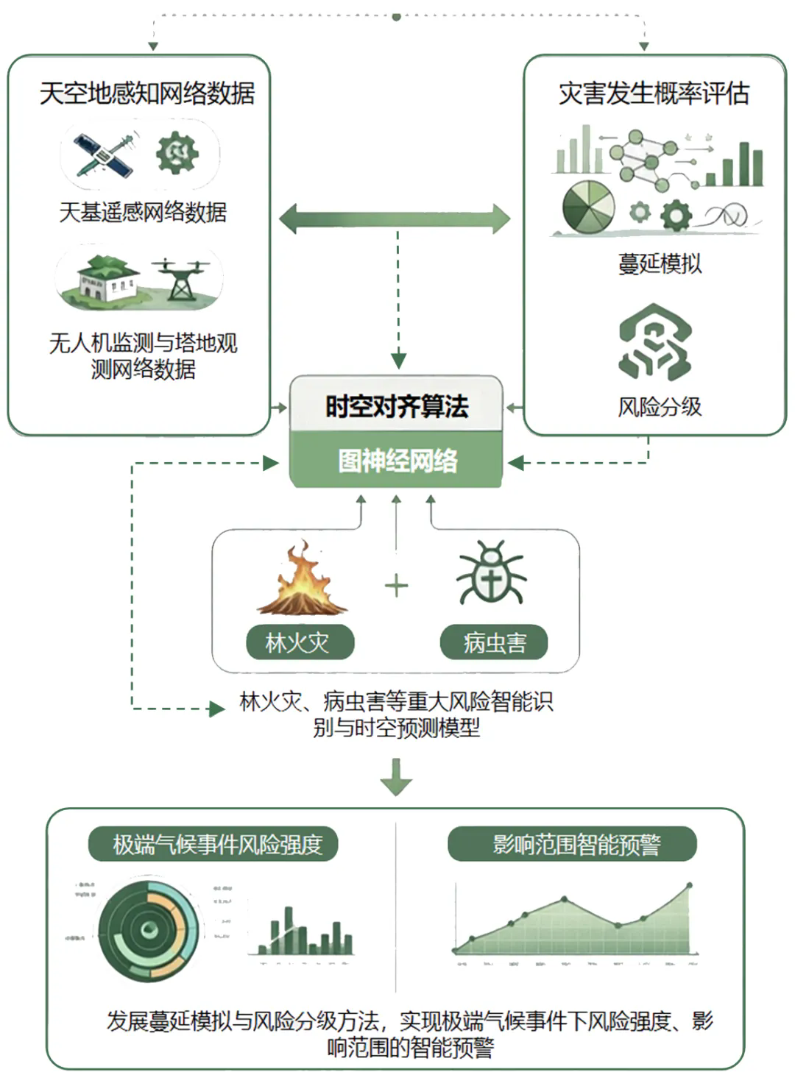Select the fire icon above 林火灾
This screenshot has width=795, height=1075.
(x=301, y=579)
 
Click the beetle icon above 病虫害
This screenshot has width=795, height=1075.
(x=491, y=574)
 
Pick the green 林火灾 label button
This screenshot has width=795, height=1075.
(x=299, y=643)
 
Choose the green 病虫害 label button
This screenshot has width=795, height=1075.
(x=494, y=643)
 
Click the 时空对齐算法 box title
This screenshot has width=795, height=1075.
(x=397, y=406)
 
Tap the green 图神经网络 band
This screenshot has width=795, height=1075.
(x=397, y=461)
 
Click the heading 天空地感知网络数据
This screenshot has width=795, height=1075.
(x=146, y=93)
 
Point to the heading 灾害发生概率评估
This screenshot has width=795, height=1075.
(x=654, y=93)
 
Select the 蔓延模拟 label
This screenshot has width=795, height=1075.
(x=660, y=263)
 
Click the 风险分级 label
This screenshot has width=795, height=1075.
(x=660, y=406)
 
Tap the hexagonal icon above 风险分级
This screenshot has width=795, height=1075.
(x=654, y=342)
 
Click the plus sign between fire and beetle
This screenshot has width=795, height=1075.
(x=396, y=586)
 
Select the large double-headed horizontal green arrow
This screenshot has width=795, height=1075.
(x=395, y=219)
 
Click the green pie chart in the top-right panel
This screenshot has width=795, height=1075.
(x=588, y=205)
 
